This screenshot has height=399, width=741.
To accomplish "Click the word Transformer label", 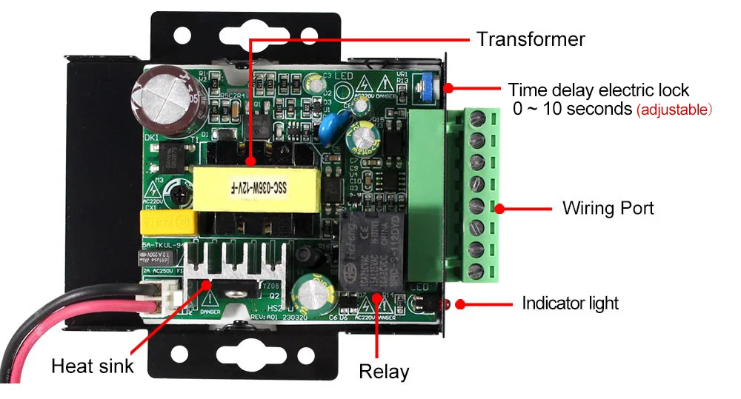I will pos(531,38).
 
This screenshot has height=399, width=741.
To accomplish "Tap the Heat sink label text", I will pos(93,366).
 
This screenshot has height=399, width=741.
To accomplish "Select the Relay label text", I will pos(384,371).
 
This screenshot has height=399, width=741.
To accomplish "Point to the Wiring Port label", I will pos(608,208).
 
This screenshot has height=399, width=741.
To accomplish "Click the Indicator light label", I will pos(570,303).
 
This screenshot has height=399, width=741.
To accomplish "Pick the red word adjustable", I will pos(674,110).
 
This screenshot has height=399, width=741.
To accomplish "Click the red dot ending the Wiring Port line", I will pos(499,209).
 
